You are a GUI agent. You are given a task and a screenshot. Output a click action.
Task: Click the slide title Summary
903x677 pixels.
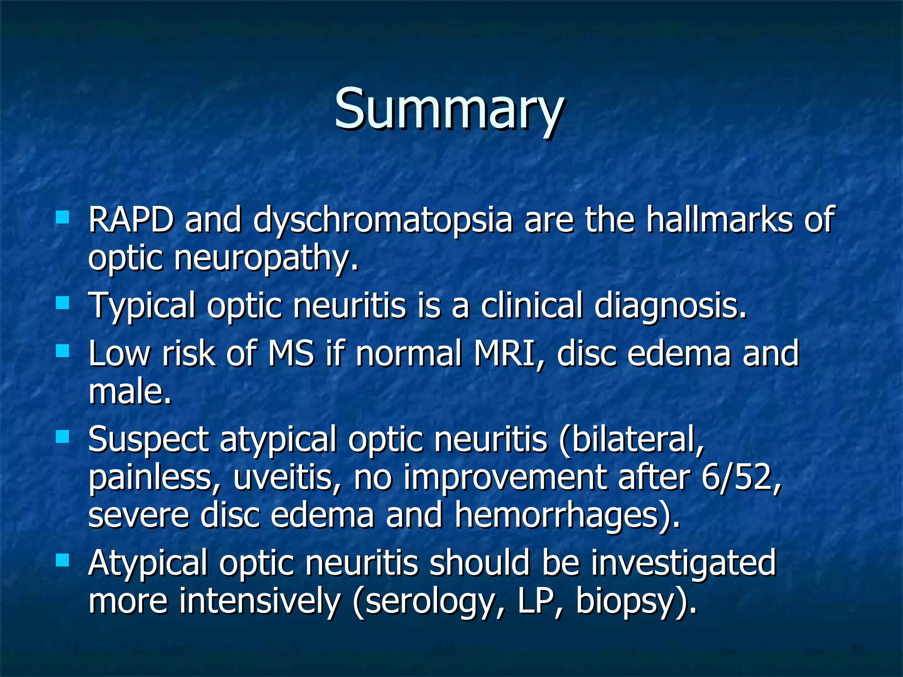[x=448, y=109]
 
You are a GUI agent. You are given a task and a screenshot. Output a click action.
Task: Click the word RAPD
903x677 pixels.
[x=131, y=219]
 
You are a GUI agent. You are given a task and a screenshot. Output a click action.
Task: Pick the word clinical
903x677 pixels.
[x=531, y=305]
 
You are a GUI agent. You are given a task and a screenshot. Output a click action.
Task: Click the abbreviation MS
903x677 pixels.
[x=291, y=354]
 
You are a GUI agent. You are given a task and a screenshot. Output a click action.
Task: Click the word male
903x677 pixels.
[x=130, y=392]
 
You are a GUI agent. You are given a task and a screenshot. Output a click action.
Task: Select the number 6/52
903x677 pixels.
[x=741, y=478]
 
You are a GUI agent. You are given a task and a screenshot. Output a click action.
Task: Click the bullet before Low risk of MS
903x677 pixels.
[x=63, y=351]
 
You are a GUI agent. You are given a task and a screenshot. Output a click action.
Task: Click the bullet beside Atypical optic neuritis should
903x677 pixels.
[x=63, y=561]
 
